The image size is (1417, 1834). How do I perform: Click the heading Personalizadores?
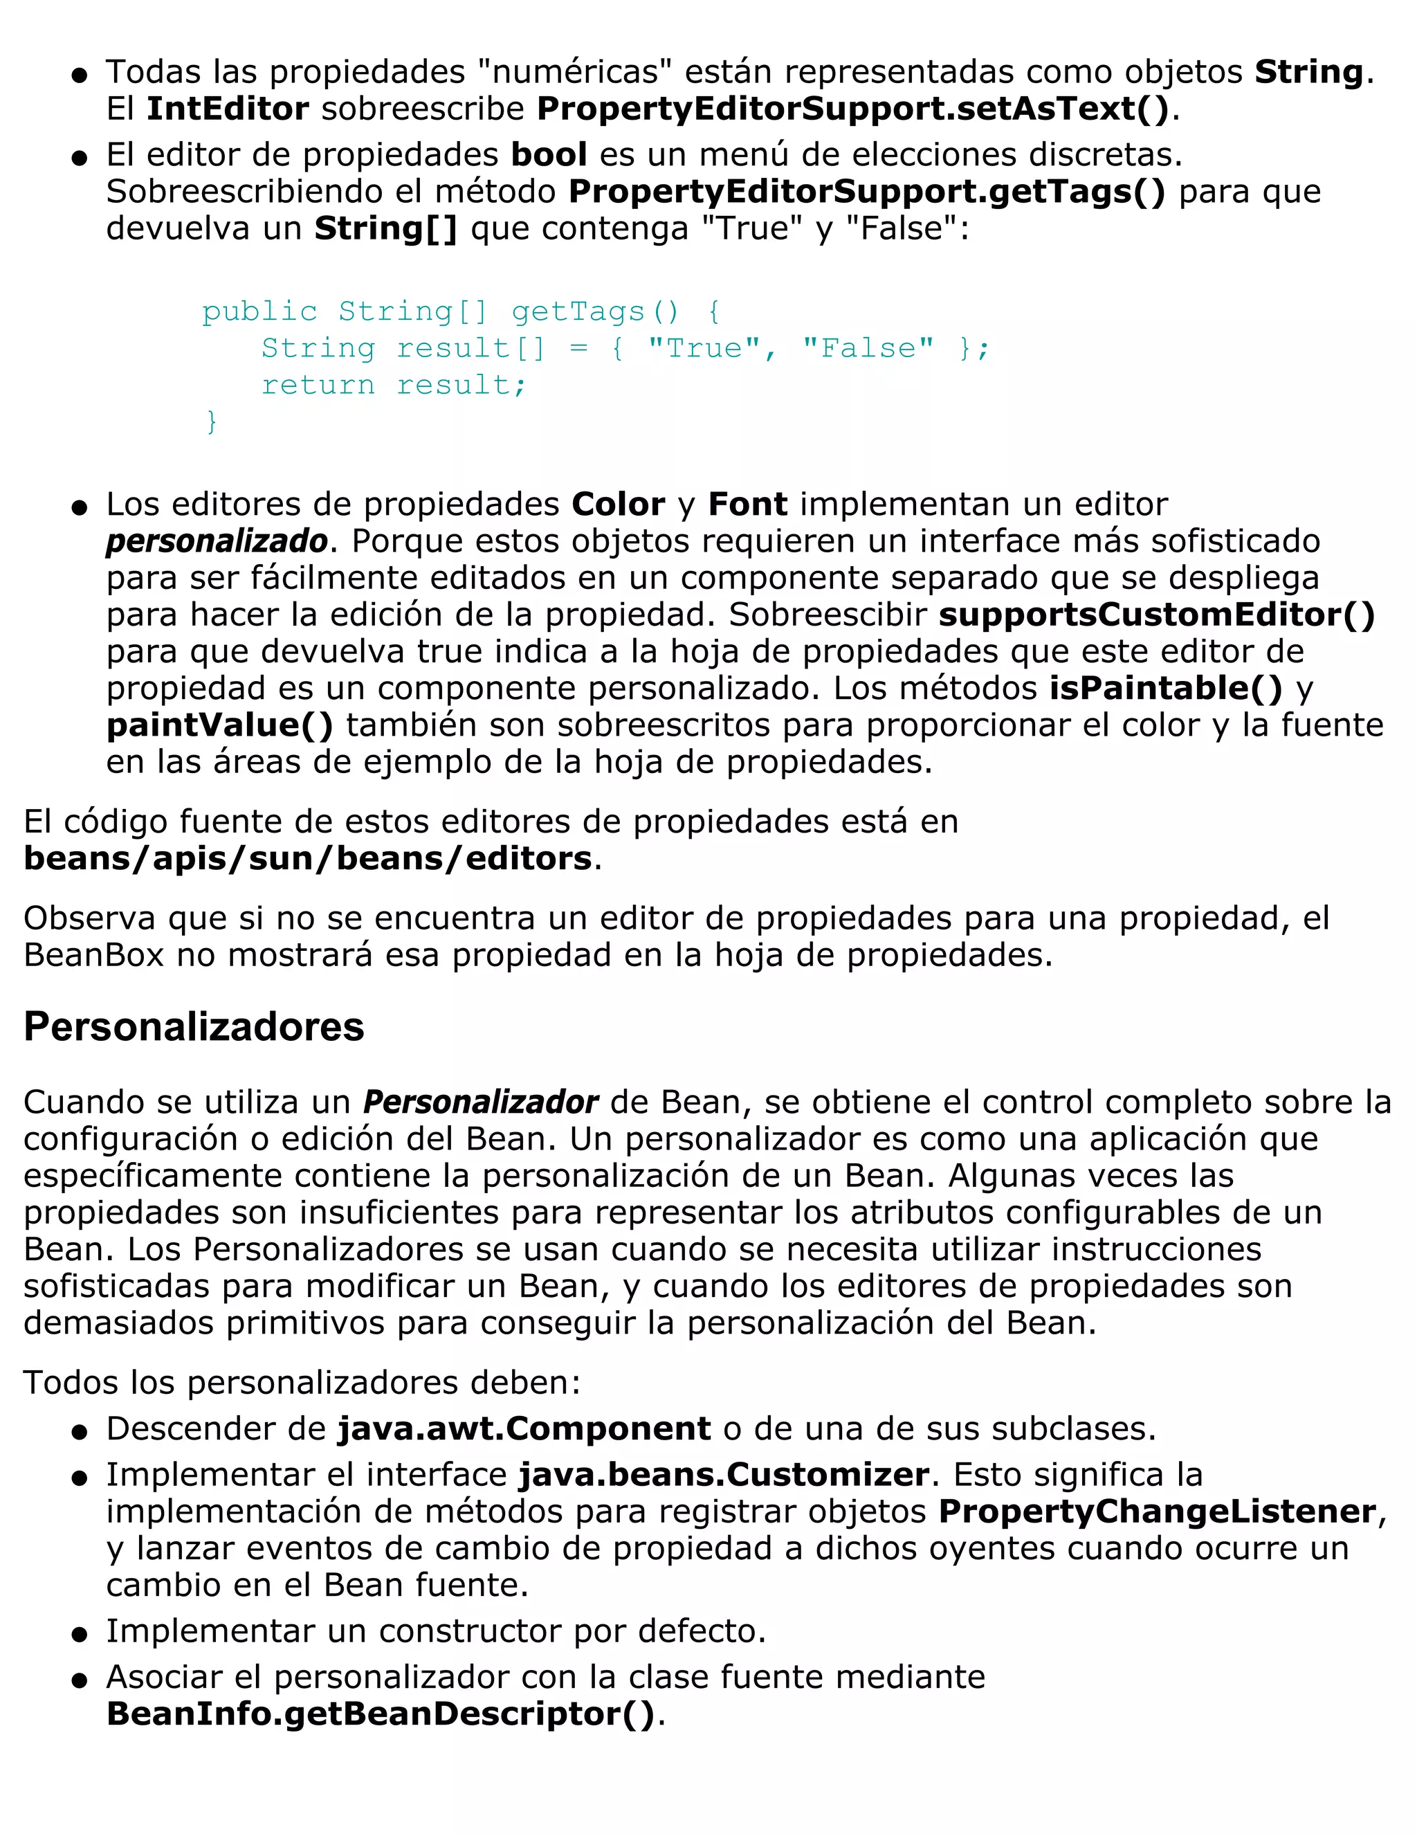click(x=194, y=1027)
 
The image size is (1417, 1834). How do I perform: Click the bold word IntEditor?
click(x=228, y=109)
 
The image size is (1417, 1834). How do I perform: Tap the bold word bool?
click(x=549, y=154)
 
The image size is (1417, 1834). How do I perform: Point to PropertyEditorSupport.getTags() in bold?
click(x=867, y=192)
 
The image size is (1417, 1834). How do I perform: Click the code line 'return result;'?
click(x=394, y=385)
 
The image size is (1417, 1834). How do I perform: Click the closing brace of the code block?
click(x=212, y=421)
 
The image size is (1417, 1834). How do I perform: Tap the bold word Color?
click(x=618, y=504)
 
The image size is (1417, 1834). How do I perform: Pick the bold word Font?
click(x=747, y=504)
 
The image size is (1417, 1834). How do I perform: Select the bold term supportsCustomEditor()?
click(x=1157, y=615)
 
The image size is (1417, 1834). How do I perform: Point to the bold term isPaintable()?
click(x=1166, y=689)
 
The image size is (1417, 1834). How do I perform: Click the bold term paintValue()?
click(x=220, y=725)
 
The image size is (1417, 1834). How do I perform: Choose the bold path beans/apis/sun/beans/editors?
click(x=308, y=858)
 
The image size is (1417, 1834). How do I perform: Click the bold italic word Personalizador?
click(x=480, y=1102)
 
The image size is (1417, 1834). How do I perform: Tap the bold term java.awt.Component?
click(x=524, y=1428)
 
